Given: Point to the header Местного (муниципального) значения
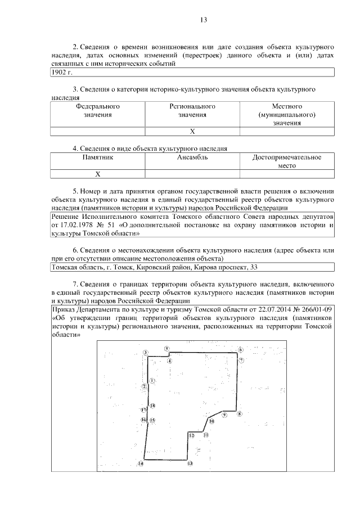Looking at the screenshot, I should pyautogui.click(x=287, y=114).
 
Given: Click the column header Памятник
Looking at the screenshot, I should pyautogui.click(x=97, y=157).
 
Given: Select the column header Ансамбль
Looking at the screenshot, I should pyautogui.click(x=192, y=157).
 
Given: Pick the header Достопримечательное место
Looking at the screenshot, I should pyautogui.click(x=287, y=162).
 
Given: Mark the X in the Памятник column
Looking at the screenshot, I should pyautogui.click(x=97, y=174).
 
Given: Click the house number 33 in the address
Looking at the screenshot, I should pyautogui.click(x=254, y=268).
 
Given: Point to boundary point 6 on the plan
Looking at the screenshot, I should pyautogui.click(x=240, y=349).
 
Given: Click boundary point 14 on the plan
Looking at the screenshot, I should pyautogui.click(x=141, y=464).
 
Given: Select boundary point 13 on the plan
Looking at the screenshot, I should pyautogui.click(x=190, y=463).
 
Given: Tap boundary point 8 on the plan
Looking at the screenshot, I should pyautogui.click(x=240, y=415).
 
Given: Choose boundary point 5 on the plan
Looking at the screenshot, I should pyautogui.click(x=167, y=349).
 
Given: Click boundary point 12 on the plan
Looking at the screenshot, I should pyautogui.click(x=191, y=435).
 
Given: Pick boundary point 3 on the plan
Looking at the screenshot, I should pyautogui.click(x=145, y=353).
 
